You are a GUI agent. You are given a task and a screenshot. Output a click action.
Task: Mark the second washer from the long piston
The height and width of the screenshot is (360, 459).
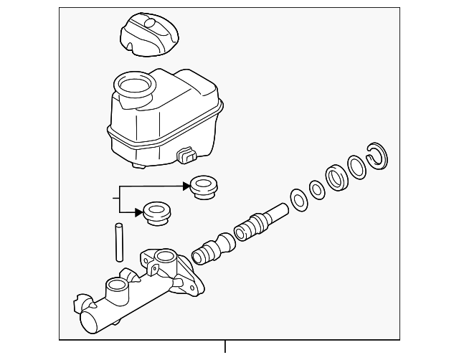(316, 189)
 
